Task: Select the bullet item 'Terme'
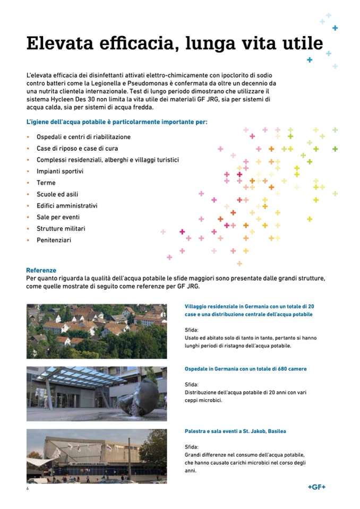(46, 183)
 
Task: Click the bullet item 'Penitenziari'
(54, 240)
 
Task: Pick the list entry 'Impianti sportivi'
(59, 171)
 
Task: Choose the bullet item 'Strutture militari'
(61, 229)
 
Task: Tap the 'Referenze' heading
(41, 270)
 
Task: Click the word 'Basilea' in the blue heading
(275, 431)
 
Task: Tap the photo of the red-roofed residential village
(96, 331)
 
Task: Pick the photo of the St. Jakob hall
(96, 456)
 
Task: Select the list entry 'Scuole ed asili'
(57, 194)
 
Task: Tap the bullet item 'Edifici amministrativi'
(67, 206)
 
